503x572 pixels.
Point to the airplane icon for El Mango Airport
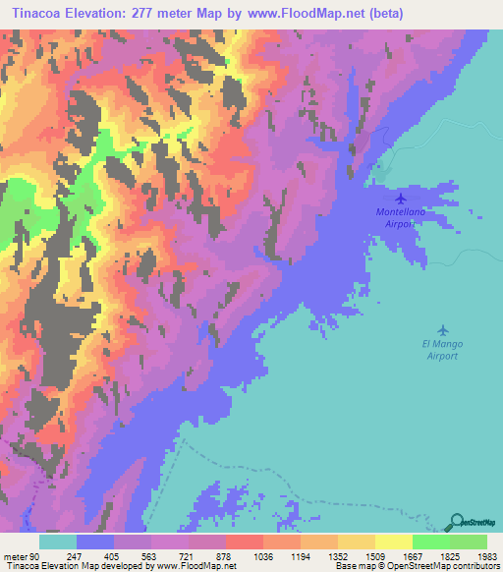(442, 330)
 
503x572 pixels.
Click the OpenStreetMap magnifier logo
(458, 521)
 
